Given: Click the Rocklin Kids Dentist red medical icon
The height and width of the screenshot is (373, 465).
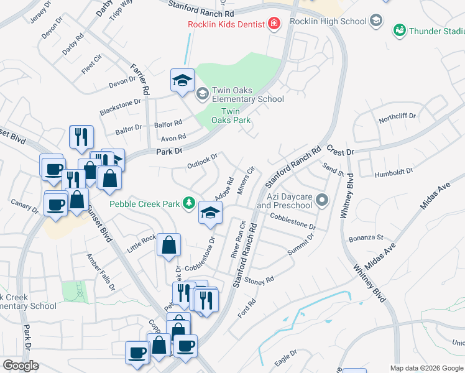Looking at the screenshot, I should (x=273, y=24).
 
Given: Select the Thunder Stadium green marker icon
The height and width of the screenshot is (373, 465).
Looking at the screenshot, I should (x=399, y=29).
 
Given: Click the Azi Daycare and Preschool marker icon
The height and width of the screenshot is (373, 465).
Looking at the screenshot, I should (x=321, y=200).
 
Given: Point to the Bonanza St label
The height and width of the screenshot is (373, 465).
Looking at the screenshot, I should (x=366, y=237).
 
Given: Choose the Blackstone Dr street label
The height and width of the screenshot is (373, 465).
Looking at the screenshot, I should (x=120, y=108).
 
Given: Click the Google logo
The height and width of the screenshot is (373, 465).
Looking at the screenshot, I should (x=21, y=366).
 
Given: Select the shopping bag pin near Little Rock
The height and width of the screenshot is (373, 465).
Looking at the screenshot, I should (x=169, y=245).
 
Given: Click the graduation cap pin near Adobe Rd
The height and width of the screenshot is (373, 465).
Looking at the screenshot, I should (x=210, y=213).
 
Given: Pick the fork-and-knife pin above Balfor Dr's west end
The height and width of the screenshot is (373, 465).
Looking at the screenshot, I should (x=81, y=137).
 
